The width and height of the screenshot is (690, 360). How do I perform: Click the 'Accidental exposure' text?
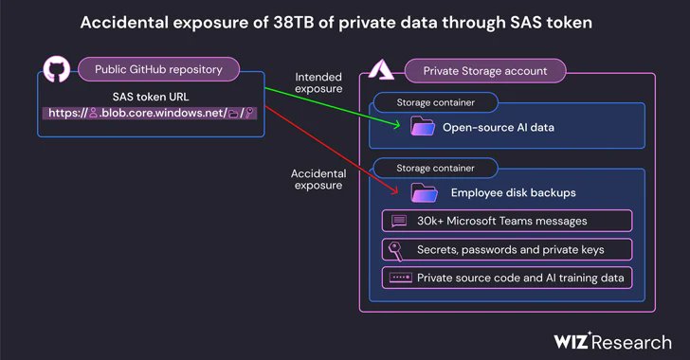click(318, 179)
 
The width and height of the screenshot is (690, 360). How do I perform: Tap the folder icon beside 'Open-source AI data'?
click(423, 125)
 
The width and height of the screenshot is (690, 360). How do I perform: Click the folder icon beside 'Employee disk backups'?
click(423, 193)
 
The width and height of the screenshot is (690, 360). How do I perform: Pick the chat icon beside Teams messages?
click(398, 222)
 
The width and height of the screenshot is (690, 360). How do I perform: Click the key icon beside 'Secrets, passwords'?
click(398, 250)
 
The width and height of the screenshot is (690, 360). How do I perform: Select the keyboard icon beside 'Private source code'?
click(398, 279)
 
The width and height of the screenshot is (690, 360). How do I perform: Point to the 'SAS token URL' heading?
click(152, 96)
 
